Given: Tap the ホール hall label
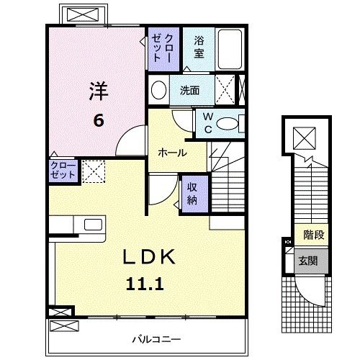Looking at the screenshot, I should click(172, 153).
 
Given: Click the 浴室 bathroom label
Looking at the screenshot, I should click(199, 48).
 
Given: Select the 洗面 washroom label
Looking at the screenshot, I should click(189, 91).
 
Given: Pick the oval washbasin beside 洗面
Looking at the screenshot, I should click(159, 91).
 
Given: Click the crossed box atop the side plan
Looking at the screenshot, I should click(304, 137).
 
